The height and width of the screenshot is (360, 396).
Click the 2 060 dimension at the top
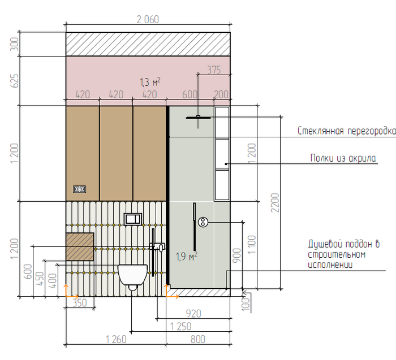pyautogui.click(x=148, y=19)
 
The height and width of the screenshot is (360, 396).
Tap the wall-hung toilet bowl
pyautogui.click(x=132, y=276)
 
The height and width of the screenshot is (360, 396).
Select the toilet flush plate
pyautogui.click(x=132, y=219)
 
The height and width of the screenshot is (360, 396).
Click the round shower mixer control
pyautogui.click(x=203, y=222)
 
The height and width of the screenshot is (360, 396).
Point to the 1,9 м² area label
pyautogui.click(x=186, y=257)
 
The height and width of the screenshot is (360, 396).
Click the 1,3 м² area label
pyautogui.click(x=150, y=82)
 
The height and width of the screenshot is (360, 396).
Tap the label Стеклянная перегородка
pyautogui.click(x=346, y=131)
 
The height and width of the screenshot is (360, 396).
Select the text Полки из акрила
pyautogui.click(x=343, y=158)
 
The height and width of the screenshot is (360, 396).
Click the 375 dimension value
pyautogui.click(x=214, y=70)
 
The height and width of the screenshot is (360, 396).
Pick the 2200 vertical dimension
pyautogui.click(x=275, y=202)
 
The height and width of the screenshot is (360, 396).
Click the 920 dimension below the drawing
pyautogui.click(x=193, y=314)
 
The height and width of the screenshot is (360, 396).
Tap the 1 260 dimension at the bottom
pyautogui.click(x=116, y=339)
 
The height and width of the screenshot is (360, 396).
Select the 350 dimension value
pyautogui.click(x=80, y=303)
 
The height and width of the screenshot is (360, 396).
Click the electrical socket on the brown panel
pyautogui.click(x=80, y=189)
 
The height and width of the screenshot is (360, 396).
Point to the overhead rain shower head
pyautogui.click(x=198, y=118)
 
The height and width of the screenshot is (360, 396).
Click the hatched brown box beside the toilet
pyautogui.click(x=80, y=247)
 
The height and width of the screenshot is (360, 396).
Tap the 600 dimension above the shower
pyautogui.click(x=190, y=94)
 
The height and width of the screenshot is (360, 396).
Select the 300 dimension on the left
pyautogui.click(x=14, y=44)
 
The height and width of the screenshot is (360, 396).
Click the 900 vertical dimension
pyautogui.click(x=236, y=255)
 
